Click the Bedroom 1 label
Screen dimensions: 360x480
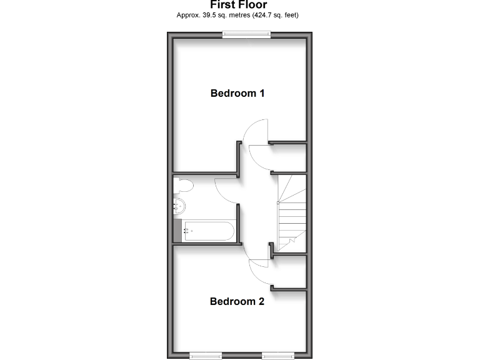pos(237,94)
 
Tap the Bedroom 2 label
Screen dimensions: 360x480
pos(237,301)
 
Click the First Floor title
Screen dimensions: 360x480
pos(238,5)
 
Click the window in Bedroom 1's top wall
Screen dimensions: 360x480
pos(247,36)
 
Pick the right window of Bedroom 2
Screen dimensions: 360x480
pos(278,356)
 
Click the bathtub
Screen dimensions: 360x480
pos(209,231)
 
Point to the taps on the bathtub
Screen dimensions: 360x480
pos(186,231)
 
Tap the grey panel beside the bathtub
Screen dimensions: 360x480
pos(177,231)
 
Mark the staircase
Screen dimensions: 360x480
pos(291,212)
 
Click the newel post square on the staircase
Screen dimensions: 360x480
pos(278,202)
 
